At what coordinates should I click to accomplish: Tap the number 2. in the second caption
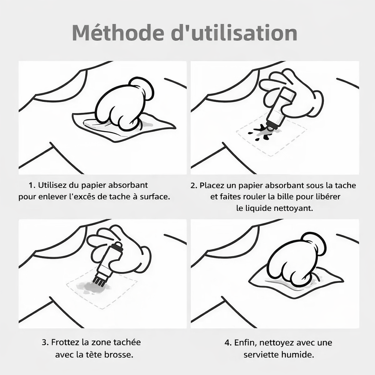click(x=194, y=186)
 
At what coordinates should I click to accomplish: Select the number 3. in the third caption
click(x=45, y=343)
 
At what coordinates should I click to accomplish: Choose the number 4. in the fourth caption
click(x=228, y=343)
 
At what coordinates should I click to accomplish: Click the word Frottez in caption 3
click(x=66, y=343)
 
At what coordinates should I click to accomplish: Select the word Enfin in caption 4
click(x=244, y=343)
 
